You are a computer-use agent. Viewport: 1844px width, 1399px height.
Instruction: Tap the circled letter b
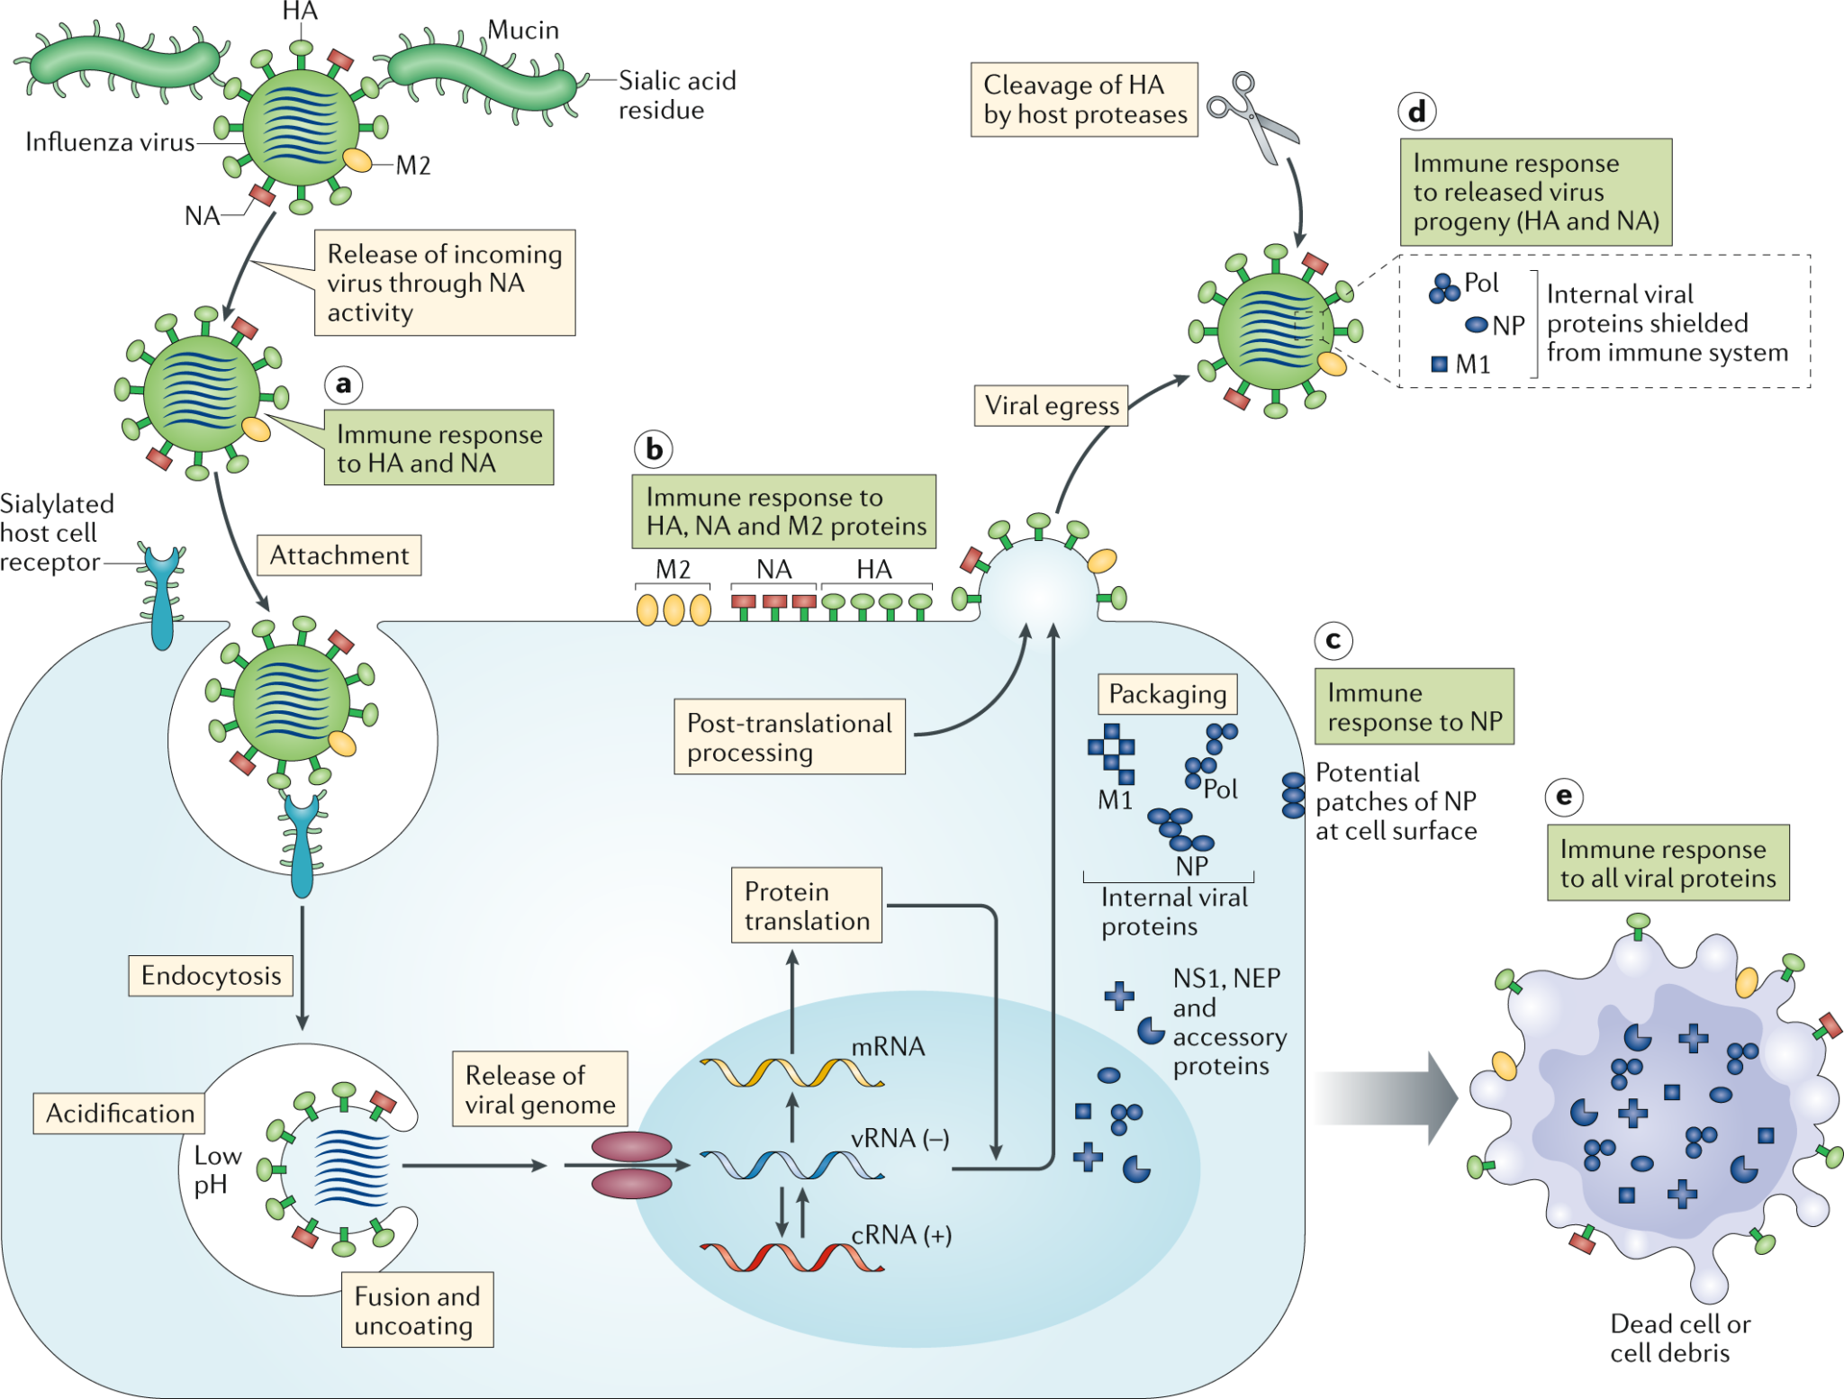coord(654,448)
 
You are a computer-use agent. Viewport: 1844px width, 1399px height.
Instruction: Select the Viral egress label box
coord(1051,406)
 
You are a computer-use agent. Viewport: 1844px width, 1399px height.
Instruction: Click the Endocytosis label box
coord(211,976)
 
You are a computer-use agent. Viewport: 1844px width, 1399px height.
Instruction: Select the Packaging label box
coord(1167,694)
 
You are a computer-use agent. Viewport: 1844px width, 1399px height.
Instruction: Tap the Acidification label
coord(120,1114)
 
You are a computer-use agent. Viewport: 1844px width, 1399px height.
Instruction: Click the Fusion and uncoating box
coord(417,1311)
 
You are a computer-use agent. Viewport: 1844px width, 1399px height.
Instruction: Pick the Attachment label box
coord(339,555)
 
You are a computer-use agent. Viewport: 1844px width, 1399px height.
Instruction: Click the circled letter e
coord(1564,797)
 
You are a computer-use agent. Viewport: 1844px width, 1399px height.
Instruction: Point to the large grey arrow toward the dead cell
coord(1387,1098)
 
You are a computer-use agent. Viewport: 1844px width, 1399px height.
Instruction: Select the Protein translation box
coord(807,906)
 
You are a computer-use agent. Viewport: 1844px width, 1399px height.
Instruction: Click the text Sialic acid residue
coord(676,95)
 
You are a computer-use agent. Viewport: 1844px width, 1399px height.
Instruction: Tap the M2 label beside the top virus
coord(413,166)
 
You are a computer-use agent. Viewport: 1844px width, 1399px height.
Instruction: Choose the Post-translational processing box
coord(790,737)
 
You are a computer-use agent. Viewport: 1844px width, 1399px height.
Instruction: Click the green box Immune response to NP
coord(1415,707)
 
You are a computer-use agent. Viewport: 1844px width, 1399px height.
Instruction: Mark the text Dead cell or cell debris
coord(1679,1339)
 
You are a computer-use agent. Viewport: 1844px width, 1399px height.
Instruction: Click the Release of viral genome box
coord(540,1089)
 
